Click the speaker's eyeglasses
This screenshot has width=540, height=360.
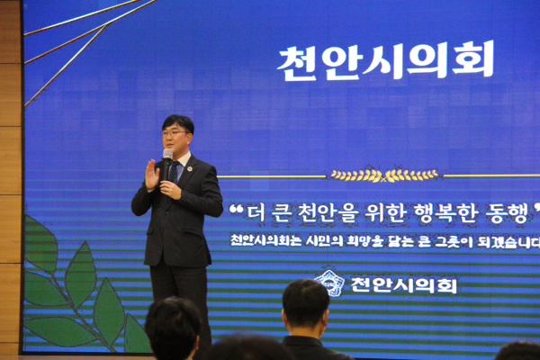click(x=175, y=134)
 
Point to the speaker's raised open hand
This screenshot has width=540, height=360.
click(x=151, y=174)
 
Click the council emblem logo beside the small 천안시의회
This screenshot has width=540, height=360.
click(x=330, y=283)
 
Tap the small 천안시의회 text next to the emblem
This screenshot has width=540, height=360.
click(x=403, y=285)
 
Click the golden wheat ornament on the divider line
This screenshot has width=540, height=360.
click(x=384, y=175)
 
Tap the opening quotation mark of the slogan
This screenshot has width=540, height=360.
click(x=237, y=210)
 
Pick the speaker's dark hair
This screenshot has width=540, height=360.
click(x=178, y=121)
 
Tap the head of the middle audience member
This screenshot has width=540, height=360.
click(x=306, y=306)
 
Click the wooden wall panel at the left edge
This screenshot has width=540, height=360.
click(x=10, y=180)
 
